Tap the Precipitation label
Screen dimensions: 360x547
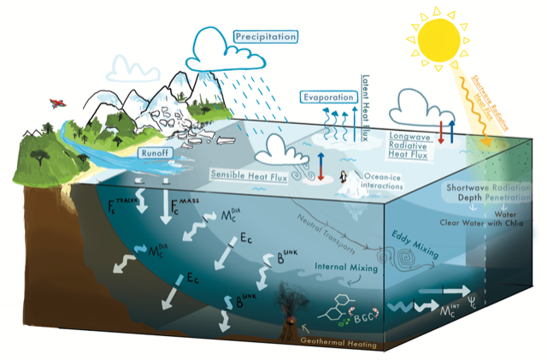point(265,37)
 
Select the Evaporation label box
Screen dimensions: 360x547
point(327,97)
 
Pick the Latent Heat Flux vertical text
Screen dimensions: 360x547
point(366,110)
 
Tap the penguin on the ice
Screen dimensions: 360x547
point(343,179)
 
